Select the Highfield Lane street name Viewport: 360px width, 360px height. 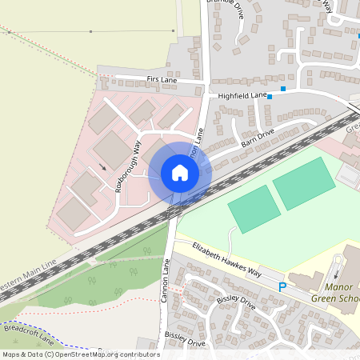tap(242, 96)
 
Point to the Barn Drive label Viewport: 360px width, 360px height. tap(258, 138)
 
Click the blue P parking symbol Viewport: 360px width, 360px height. tap(282, 286)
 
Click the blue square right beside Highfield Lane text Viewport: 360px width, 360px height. tap(270, 97)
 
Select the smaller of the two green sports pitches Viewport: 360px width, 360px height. tap(254, 209)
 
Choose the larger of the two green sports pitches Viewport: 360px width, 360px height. tap(303, 183)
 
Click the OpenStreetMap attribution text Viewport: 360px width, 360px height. tap(80, 354)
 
